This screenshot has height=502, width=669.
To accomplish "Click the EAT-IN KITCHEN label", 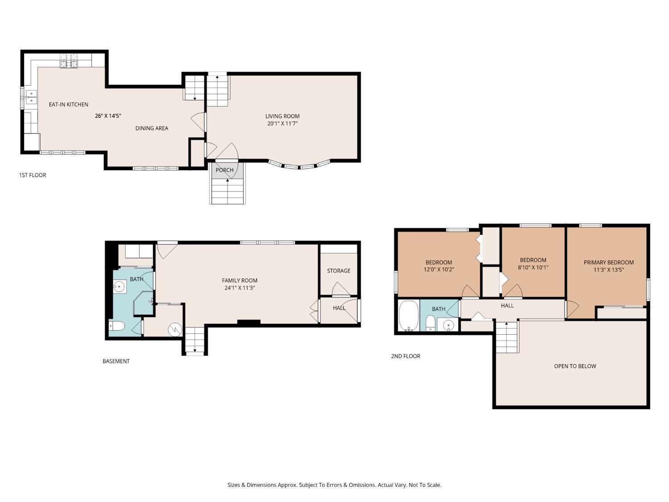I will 68,104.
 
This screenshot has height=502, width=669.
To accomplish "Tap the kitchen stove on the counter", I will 69,61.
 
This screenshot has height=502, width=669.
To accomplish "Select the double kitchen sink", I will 31,97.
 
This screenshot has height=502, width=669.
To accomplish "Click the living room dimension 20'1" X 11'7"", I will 282,124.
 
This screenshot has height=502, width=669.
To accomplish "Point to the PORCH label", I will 224,170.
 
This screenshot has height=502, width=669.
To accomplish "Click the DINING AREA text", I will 152,128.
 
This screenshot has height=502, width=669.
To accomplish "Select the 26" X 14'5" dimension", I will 108,116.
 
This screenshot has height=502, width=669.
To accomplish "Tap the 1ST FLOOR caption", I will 32,175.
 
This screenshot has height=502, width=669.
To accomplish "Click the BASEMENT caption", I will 116,361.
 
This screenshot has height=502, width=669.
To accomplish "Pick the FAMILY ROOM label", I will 240,280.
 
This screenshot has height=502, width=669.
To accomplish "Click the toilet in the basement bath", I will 116,327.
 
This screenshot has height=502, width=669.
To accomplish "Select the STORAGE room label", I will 339,270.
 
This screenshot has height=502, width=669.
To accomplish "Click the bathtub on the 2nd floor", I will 408,316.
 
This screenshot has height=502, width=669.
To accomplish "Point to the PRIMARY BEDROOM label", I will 608,262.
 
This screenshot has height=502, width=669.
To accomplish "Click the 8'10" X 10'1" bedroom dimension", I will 533,268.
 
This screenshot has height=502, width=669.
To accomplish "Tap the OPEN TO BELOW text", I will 575,366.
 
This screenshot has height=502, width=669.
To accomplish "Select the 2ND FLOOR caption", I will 405,356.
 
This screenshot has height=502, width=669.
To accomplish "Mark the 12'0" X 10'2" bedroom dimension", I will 438,270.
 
